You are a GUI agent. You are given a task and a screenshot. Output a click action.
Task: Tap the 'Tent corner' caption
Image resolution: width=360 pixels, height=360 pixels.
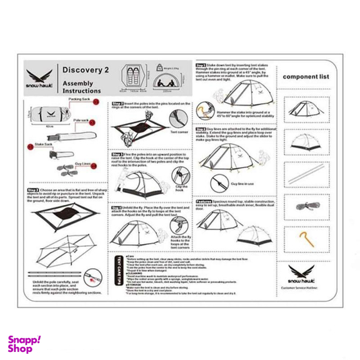pyautogui.click(x=179, y=132)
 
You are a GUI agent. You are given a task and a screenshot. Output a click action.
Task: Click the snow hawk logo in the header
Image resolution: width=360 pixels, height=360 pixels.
pyautogui.click(x=39, y=78)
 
